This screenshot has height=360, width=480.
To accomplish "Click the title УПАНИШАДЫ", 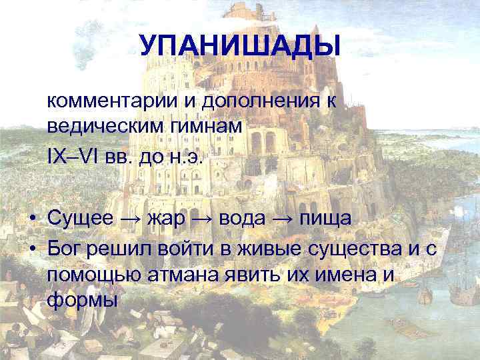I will click(x=240, y=45).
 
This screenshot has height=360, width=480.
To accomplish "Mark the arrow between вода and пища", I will click(x=290, y=219).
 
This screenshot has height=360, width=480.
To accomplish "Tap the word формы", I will click(x=83, y=299).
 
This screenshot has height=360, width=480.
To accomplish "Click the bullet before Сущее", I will click(x=32, y=219).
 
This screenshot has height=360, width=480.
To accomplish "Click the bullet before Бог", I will click(x=32, y=249).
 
